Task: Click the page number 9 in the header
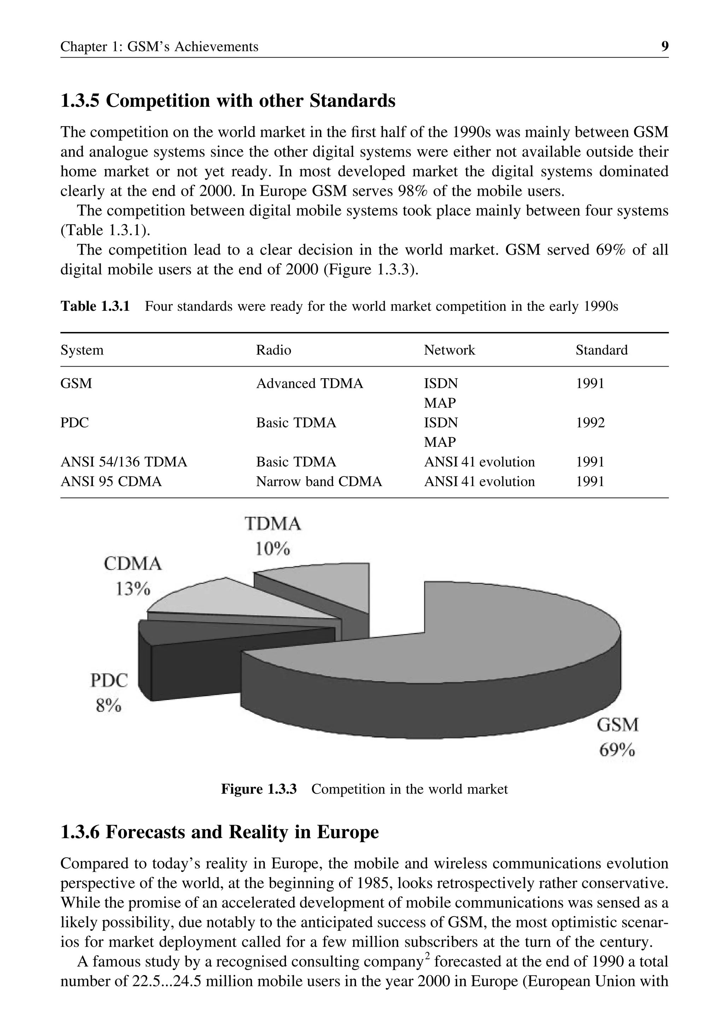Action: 664,46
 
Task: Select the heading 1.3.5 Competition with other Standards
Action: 228,101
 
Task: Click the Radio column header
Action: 273,350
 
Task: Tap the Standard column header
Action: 601,350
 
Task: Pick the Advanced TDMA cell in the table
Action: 309,384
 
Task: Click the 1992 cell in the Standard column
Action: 590,423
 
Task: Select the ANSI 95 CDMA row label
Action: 111,482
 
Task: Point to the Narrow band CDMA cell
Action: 319,482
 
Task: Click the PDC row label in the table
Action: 75,423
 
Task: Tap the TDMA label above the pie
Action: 273,524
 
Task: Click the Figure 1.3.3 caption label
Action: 258,789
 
